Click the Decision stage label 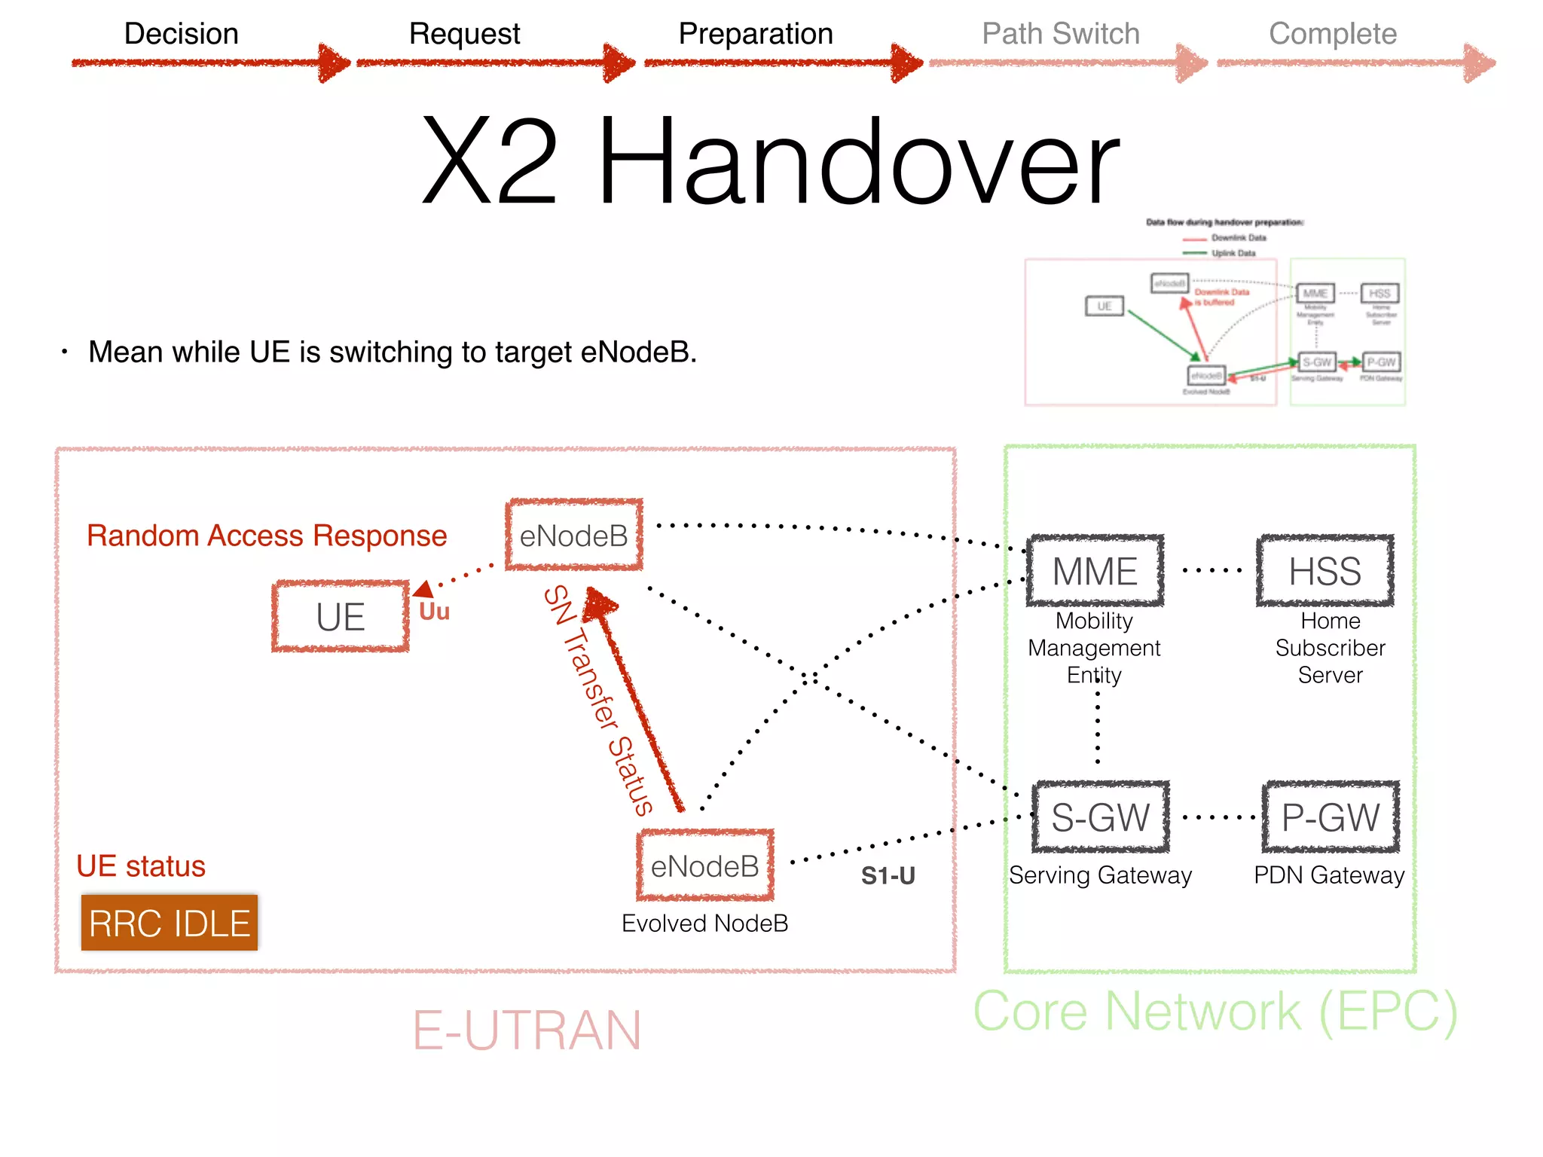coord(181,34)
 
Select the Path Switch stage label coord(1060,34)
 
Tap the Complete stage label coord(1332,34)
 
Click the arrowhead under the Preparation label coord(906,63)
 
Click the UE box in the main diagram coord(341,617)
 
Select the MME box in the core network coord(1095,571)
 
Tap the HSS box coord(1325,571)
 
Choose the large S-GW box coord(1100,817)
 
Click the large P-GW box coord(1331,817)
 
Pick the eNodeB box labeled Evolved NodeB coord(705,866)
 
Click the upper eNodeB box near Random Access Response coord(574,536)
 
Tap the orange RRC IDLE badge coord(170,923)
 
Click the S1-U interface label coord(888,876)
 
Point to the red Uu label coord(435,612)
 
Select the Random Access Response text coord(267,536)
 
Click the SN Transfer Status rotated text coord(598,701)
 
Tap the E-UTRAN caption coord(527,1030)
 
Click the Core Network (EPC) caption coord(1215,1012)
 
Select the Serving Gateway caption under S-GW coord(1100,875)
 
